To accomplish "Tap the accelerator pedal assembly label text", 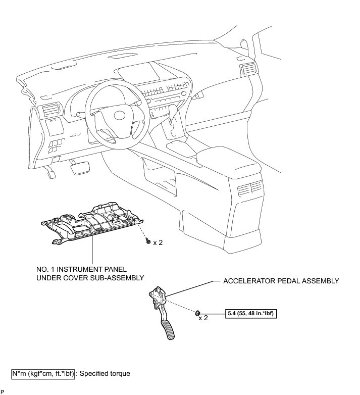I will (281, 281).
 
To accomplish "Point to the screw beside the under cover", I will (147, 241).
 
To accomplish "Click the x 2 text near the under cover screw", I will (158, 242).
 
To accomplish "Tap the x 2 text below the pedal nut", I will (203, 319).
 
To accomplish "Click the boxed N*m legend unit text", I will (43, 374).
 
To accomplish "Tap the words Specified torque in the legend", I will (106, 374).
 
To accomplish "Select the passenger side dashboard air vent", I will (249, 70).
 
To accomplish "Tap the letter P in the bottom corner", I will (2, 392).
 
